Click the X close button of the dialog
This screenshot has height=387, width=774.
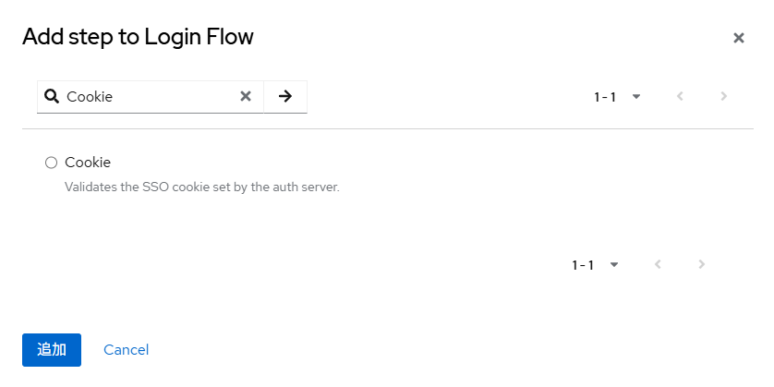[739, 38]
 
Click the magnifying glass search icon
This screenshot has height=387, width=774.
[52, 96]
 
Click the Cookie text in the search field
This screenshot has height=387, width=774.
[90, 97]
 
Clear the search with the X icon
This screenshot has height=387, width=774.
[246, 96]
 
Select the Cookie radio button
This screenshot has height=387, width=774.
[52, 163]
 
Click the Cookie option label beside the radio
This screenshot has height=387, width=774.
[88, 163]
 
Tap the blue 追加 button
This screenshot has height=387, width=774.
[52, 350]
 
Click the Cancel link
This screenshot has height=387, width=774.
[126, 350]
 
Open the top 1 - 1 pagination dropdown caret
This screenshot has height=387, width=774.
[636, 97]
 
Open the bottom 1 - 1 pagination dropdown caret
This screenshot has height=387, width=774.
[614, 265]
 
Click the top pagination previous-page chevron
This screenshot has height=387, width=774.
[680, 96]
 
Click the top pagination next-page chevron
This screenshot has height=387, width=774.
[724, 96]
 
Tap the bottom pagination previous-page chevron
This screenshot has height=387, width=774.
[658, 264]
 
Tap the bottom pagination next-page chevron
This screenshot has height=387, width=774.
[702, 264]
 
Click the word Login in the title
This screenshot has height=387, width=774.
[169, 38]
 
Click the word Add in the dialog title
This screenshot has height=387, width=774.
[43, 37]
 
